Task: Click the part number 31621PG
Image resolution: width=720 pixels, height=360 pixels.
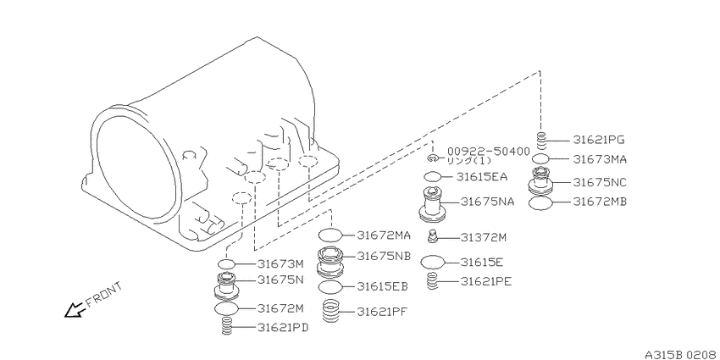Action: tap(599, 140)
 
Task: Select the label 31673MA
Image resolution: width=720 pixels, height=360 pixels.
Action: tap(600, 159)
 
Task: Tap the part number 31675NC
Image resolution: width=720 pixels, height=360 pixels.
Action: tap(600, 182)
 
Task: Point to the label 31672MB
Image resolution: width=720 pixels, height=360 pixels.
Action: tap(600, 202)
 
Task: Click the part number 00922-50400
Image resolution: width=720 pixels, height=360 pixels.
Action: tap(489, 151)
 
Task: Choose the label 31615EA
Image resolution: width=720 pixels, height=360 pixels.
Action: tap(482, 177)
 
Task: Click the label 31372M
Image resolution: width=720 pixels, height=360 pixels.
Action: tap(484, 237)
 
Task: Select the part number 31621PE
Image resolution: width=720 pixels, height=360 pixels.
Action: tap(486, 281)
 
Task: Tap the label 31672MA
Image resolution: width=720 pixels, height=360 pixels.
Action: tap(384, 235)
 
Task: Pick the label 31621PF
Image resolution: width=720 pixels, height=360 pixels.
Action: tap(383, 312)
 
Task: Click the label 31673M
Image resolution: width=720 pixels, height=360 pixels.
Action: tap(280, 264)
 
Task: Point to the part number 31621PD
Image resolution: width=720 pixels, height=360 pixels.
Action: tap(282, 328)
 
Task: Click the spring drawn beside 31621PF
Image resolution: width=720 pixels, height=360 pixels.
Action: tap(330, 311)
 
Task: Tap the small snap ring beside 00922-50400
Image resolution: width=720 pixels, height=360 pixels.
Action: tap(433, 159)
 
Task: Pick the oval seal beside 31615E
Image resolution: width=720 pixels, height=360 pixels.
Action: tap(433, 263)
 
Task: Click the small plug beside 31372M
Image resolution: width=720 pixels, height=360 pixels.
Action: tap(432, 237)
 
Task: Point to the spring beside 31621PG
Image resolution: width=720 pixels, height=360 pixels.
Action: tap(541, 140)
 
